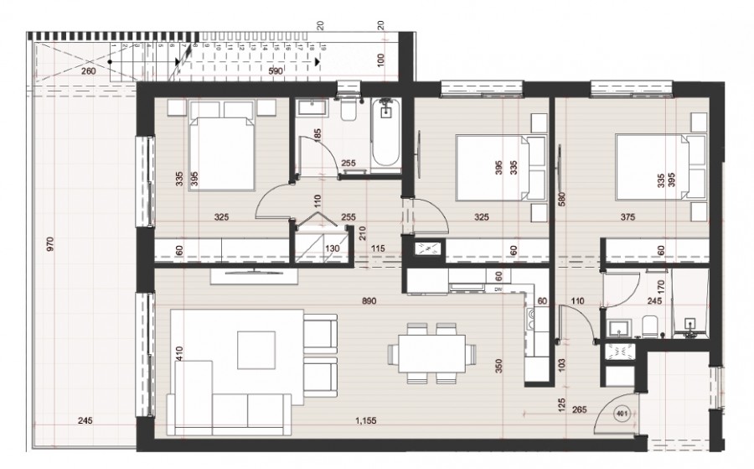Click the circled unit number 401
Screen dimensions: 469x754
click(621, 413)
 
